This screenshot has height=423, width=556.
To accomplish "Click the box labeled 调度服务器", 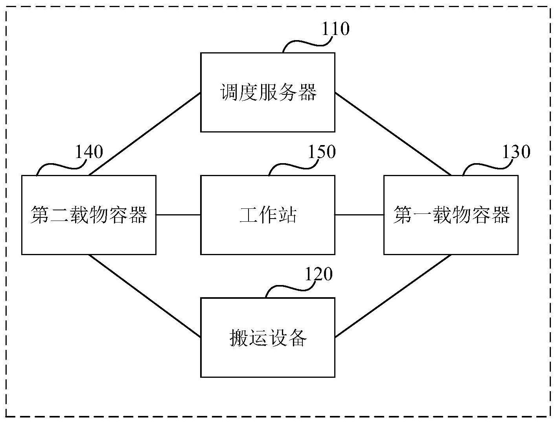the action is coord(267,92).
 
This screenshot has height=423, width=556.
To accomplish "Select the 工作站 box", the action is coord(267,215).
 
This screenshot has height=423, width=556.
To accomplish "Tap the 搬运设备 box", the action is coord(267,338).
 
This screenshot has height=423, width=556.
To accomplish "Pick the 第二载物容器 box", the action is coord(88,215).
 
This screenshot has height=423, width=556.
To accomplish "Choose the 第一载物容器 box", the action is coord(451,215).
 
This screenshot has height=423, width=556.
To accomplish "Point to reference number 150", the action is coord(322,152).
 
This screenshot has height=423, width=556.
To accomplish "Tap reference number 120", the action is coord(319,274).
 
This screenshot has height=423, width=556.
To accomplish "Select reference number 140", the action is coord(89,152).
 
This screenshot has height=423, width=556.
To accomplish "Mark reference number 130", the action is coord(516,152).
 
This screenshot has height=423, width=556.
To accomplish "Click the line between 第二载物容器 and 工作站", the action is coord(179,215).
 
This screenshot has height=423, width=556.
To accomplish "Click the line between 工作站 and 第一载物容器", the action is coord(359,215).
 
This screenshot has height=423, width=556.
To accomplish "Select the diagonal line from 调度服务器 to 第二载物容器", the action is coord(144,134).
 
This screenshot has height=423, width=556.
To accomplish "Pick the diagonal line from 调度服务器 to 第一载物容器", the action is coord(393,134).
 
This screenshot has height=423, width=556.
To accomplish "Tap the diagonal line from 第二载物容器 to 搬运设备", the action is coord(144,296).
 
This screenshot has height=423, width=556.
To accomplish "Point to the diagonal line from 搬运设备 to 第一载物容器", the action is coord(393,296).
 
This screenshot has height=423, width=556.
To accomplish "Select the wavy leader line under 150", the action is coord(293,167).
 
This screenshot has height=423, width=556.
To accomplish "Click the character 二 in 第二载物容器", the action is coord(60,215).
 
